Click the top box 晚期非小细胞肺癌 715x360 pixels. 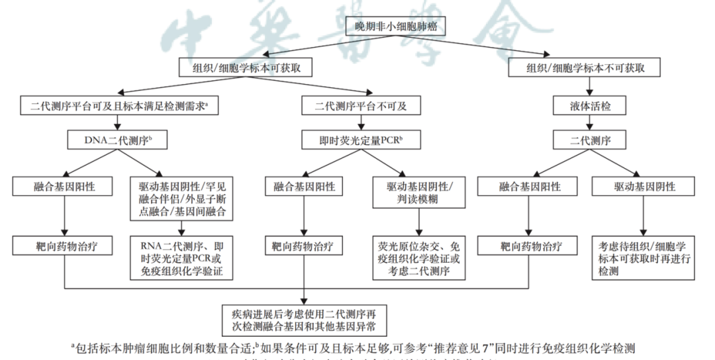coord(397,26)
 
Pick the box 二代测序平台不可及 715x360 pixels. coord(361,105)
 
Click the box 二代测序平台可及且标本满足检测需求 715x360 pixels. coord(115,105)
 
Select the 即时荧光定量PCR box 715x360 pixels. coord(361,140)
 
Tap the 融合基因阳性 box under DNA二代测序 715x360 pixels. coord(64,187)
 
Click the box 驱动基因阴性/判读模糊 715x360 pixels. coord(416,193)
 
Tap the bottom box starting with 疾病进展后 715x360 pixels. coord(304,319)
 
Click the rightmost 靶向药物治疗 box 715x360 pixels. coord(530,246)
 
